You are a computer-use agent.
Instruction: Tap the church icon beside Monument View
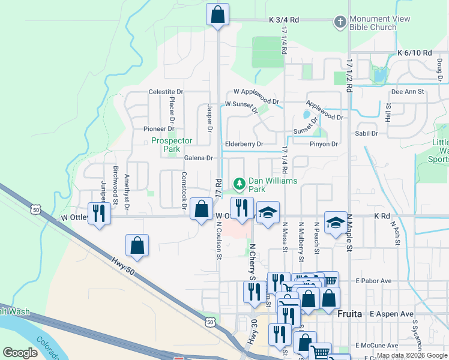point(340,22)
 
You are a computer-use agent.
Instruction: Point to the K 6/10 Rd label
point(414,53)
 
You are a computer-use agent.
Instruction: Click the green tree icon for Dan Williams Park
point(240,182)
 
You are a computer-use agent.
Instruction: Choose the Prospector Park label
point(172,145)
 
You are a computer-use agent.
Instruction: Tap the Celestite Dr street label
point(166,92)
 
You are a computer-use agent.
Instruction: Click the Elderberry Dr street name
point(244,144)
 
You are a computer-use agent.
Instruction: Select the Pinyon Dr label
point(324,144)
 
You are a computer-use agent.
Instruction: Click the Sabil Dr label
point(367,133)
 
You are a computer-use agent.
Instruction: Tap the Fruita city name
point(350,314)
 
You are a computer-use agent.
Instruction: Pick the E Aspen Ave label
point(392,314)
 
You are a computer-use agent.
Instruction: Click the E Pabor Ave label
point(373,280)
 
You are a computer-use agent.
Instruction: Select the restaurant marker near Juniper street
point(99,213)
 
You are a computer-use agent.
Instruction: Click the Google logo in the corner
point(20,353)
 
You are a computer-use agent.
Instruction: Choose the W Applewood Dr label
point(256,92)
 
